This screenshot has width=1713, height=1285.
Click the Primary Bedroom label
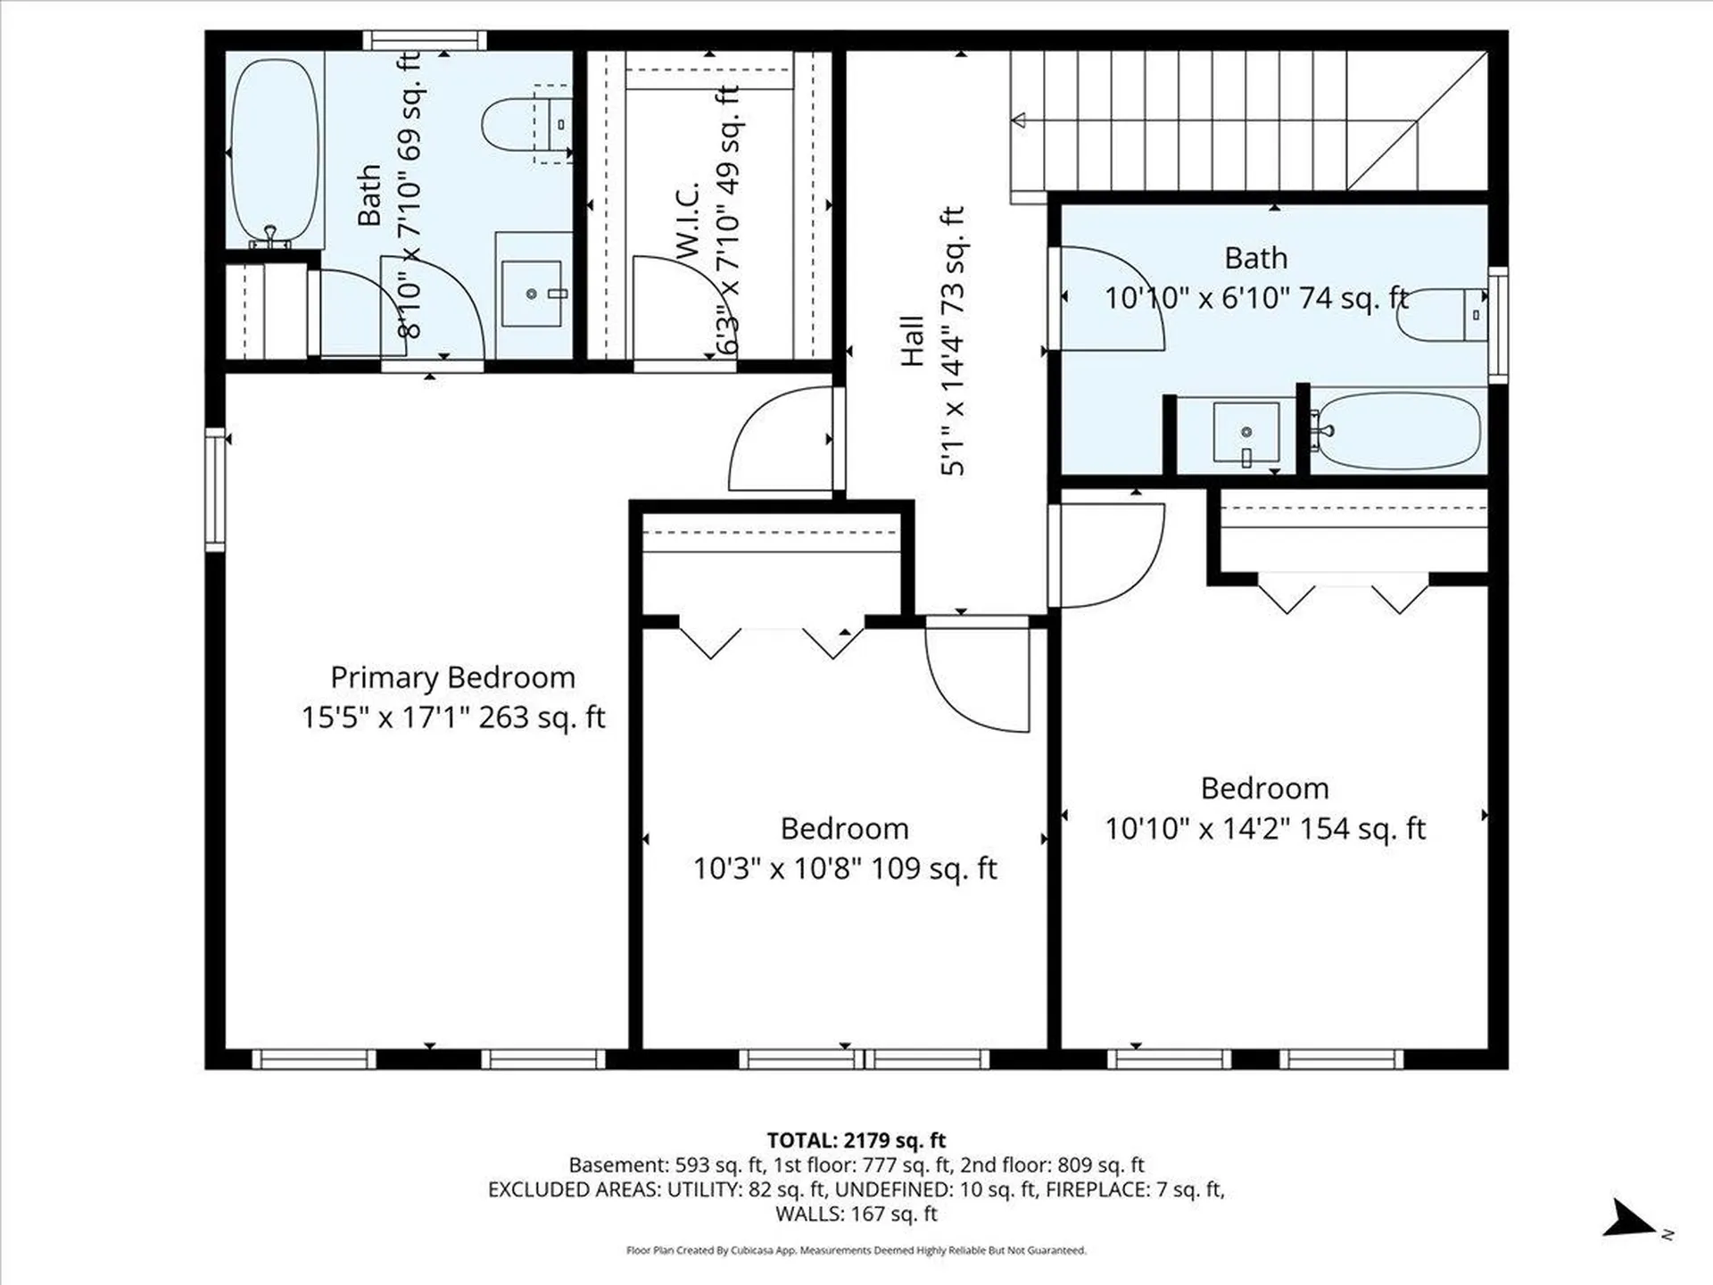pos(452,678)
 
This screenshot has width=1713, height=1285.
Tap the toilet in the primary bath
pos(526,124)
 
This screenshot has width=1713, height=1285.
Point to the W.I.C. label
pos(687,222)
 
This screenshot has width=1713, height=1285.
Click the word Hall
pos(911,341)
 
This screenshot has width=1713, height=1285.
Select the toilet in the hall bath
pos(1442,315)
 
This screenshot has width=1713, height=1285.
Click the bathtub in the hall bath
pos(1398,432)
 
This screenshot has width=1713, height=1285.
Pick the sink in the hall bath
pos(1246,433)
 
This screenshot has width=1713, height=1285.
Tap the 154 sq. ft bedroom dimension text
pos(1265,829)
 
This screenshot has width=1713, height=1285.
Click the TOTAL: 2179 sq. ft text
pos(856,1140)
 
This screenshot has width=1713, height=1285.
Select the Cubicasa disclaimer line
pos(856,1250)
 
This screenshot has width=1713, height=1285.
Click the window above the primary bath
pos(425,40)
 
